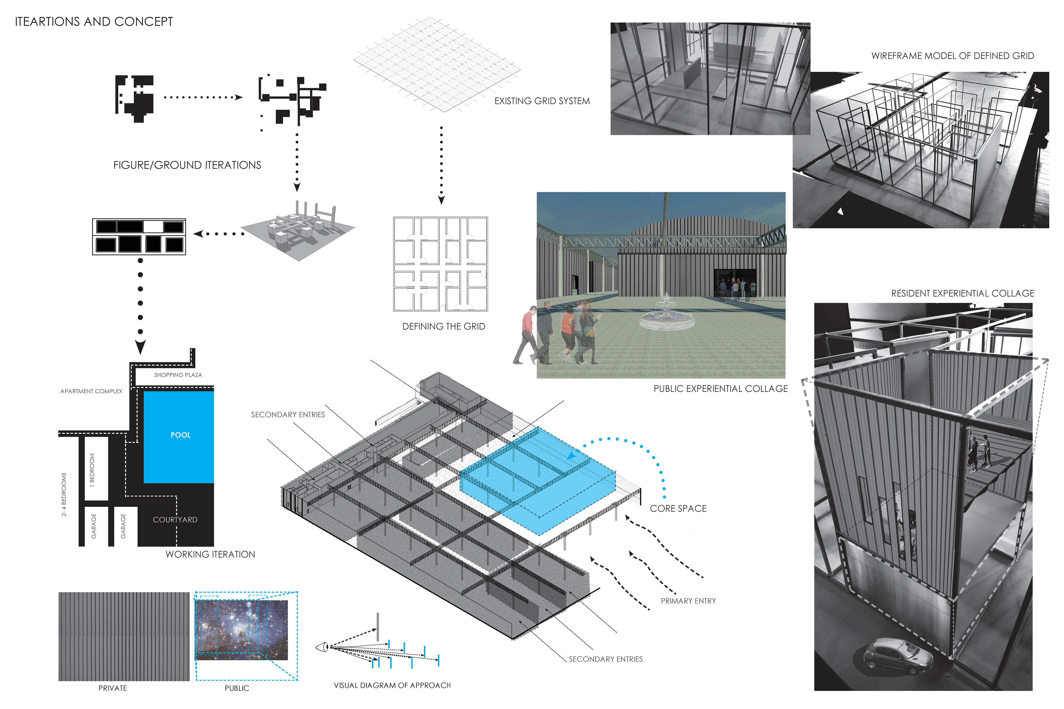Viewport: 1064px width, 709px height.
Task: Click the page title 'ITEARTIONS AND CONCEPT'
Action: (94, 22)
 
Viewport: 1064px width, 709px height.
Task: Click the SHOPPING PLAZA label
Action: (178, 375)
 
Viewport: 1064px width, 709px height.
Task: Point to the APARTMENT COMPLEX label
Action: (91, 391)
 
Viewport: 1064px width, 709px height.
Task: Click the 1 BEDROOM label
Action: (92, 470)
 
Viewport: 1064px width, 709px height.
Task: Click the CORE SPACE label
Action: (678, 509)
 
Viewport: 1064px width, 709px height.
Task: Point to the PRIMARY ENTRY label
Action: (688, 601)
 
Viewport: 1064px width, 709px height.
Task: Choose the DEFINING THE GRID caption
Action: (443, 327)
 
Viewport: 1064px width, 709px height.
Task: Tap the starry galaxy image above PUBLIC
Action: (241, 630)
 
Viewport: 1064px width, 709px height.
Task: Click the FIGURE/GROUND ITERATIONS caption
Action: (187, 165)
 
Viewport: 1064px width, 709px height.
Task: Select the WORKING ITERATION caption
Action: (210, 554)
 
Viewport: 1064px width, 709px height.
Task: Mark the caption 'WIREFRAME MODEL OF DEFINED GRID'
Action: (952, 56)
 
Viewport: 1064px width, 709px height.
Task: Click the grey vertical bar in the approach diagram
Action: (378, 626)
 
